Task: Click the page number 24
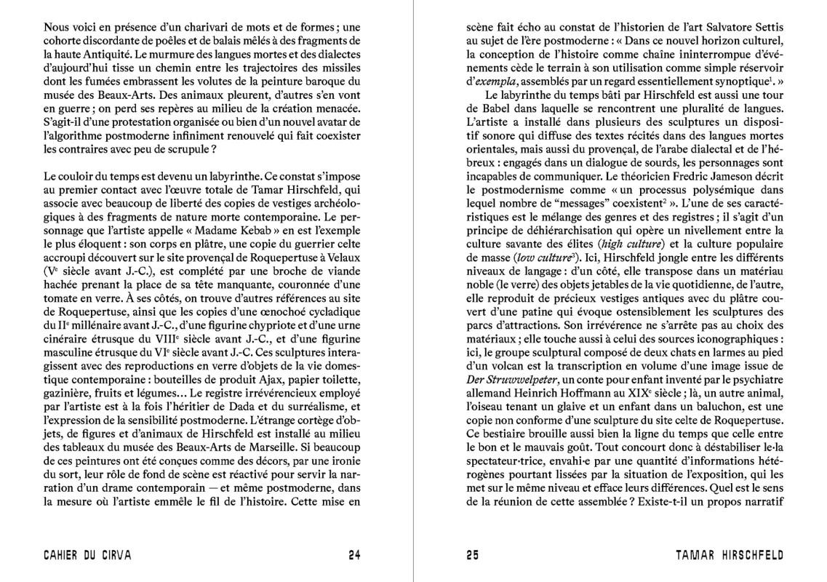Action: [354, 556]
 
